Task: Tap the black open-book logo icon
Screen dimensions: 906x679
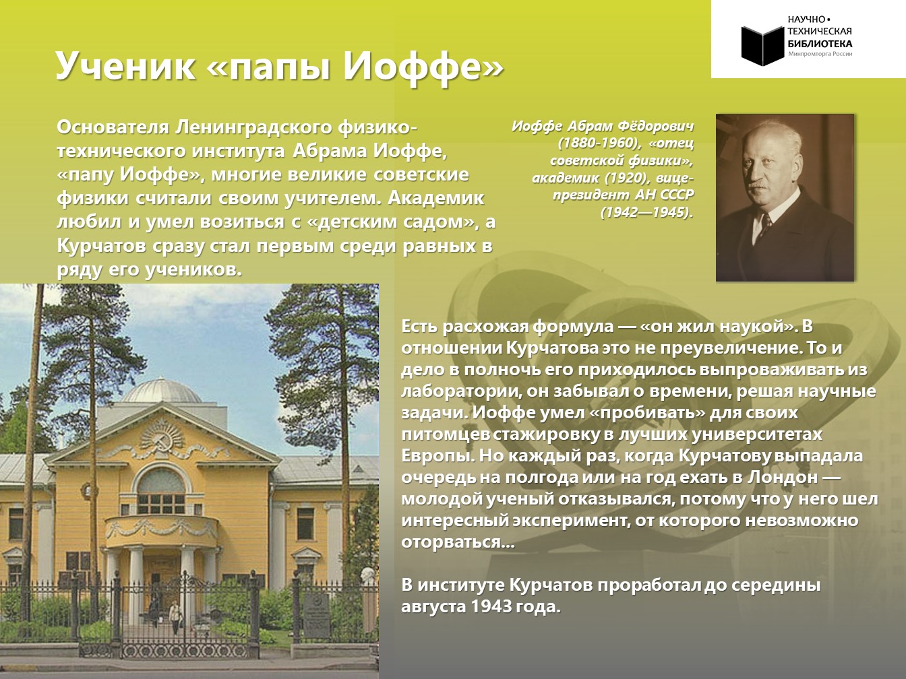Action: click(762, 45)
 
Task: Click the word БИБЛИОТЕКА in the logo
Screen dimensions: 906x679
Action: click(820, 44)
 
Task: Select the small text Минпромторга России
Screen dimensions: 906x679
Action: click(820, 54)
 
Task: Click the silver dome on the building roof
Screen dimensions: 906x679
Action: click(161, 391)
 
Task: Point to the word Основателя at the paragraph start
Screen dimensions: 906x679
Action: click(113, 127)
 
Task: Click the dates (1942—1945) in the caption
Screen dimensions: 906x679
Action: click(646, 212)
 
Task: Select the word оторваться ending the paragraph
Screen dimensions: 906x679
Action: click(458, 542)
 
